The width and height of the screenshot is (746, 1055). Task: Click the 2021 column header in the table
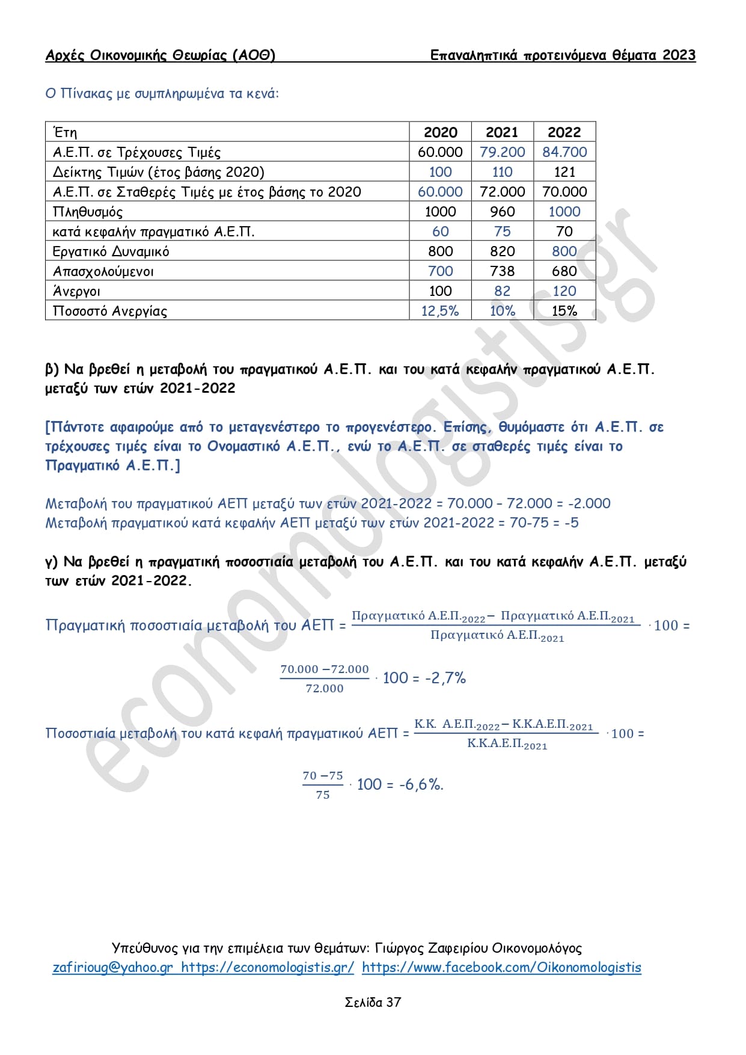pyautogui.click(x=501, y=132)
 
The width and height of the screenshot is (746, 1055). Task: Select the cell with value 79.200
pyautogui.click(x=502, y=152)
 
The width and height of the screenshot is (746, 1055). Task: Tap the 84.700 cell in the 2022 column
pyautogui.click(x=564, y=152)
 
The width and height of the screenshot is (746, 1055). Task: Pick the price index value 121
pyautogui.click(x=564, y=172)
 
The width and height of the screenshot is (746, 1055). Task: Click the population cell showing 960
pyautogui.click(x=502, y=212)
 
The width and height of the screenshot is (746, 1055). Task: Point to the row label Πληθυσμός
pyautogui.click(x=88, y=212)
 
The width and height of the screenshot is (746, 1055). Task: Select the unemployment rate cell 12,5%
pyautogui.click(x=440, y=311)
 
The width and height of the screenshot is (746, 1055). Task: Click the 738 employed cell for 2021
pyautogui.click(x=502, y=271)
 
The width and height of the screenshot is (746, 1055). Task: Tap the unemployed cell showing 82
pyautogui.click(x=502, y=291)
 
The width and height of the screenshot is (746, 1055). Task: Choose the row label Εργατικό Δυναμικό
pyautogui.click(x=111, y=251)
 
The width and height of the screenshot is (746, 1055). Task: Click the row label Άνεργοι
pyautogui.click(x=76, y=291)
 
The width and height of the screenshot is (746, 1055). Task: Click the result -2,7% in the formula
pyautogui.click(x=445, y=678)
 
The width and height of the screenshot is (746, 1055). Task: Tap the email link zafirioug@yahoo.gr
pyautogui.click(x=113, y=967)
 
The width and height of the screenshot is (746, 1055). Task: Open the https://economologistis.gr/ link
pyautogui.click(x=268, y=967)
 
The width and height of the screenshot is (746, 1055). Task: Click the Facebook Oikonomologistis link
pyautogui.click(x=501, y=967)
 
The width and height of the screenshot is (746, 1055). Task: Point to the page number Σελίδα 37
pyautogui.click(x=373, y=1002)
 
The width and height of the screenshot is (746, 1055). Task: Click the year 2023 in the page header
pyautogui.click(x=679, y=55)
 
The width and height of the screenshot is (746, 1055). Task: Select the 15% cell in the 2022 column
pyautogui.click(x=564, y=311)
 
